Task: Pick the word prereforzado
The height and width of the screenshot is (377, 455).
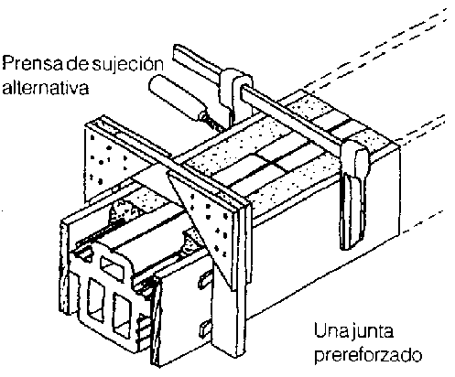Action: pos(368,355)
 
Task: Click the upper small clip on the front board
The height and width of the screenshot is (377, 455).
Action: pos(204,281)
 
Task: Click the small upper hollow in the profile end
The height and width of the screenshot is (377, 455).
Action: pos(113,266)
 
